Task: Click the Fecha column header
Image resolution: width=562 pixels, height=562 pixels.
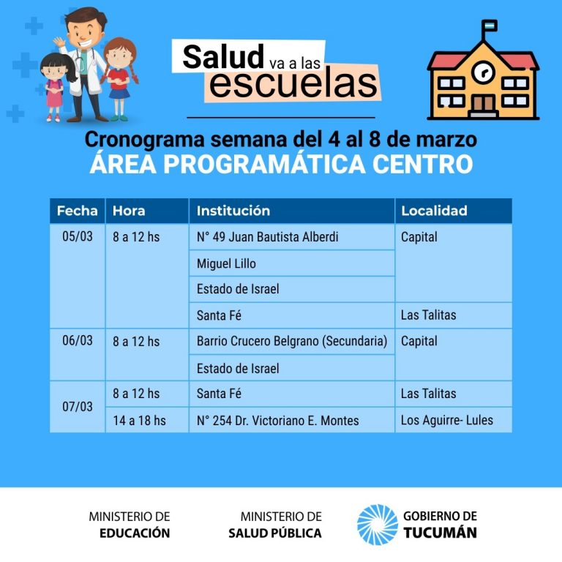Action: [78, 211]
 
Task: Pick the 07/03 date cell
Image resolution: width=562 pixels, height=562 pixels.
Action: [78, 407]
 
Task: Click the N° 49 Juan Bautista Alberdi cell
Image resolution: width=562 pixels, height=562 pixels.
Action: [292, 237]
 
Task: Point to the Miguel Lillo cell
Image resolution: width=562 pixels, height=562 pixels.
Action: [292, 263]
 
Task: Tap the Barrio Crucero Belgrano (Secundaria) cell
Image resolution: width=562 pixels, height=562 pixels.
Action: [292, 341]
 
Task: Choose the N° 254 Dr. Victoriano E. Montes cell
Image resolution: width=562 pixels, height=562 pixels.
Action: [292, 420]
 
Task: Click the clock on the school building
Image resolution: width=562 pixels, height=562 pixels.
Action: [484, 72]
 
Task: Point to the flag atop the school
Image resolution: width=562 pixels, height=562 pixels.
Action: [490, 26]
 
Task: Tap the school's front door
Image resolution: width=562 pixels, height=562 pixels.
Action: [483, 105]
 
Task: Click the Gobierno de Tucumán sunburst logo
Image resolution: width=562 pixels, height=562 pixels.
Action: [378, 525]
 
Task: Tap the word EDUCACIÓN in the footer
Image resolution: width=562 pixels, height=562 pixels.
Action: [135, 533]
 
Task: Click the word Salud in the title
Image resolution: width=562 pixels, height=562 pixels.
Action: [223, 56]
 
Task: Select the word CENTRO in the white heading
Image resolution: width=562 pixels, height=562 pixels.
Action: [422, 164]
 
